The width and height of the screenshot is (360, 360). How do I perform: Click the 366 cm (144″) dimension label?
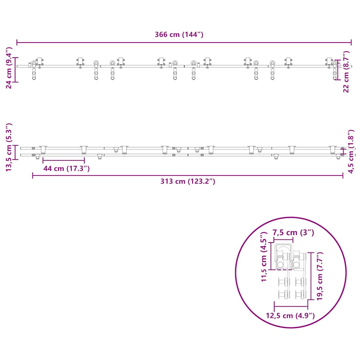[x=179, y=35]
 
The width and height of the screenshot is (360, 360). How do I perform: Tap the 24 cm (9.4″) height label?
[x=9, y=68]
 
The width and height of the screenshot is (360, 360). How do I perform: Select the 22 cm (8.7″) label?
[x=346, y=72]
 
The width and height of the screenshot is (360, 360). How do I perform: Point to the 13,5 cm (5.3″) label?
[x=9, y=147]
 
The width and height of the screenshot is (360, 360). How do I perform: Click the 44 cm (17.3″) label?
[x=66, y=168]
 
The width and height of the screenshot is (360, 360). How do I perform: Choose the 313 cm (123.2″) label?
[x=188, y=181]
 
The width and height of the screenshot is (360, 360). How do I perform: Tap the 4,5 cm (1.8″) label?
[x=351, y=152]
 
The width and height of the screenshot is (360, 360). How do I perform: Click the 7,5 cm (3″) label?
[x=293, y=233]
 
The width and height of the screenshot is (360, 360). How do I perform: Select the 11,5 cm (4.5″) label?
[x=264, y=257]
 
